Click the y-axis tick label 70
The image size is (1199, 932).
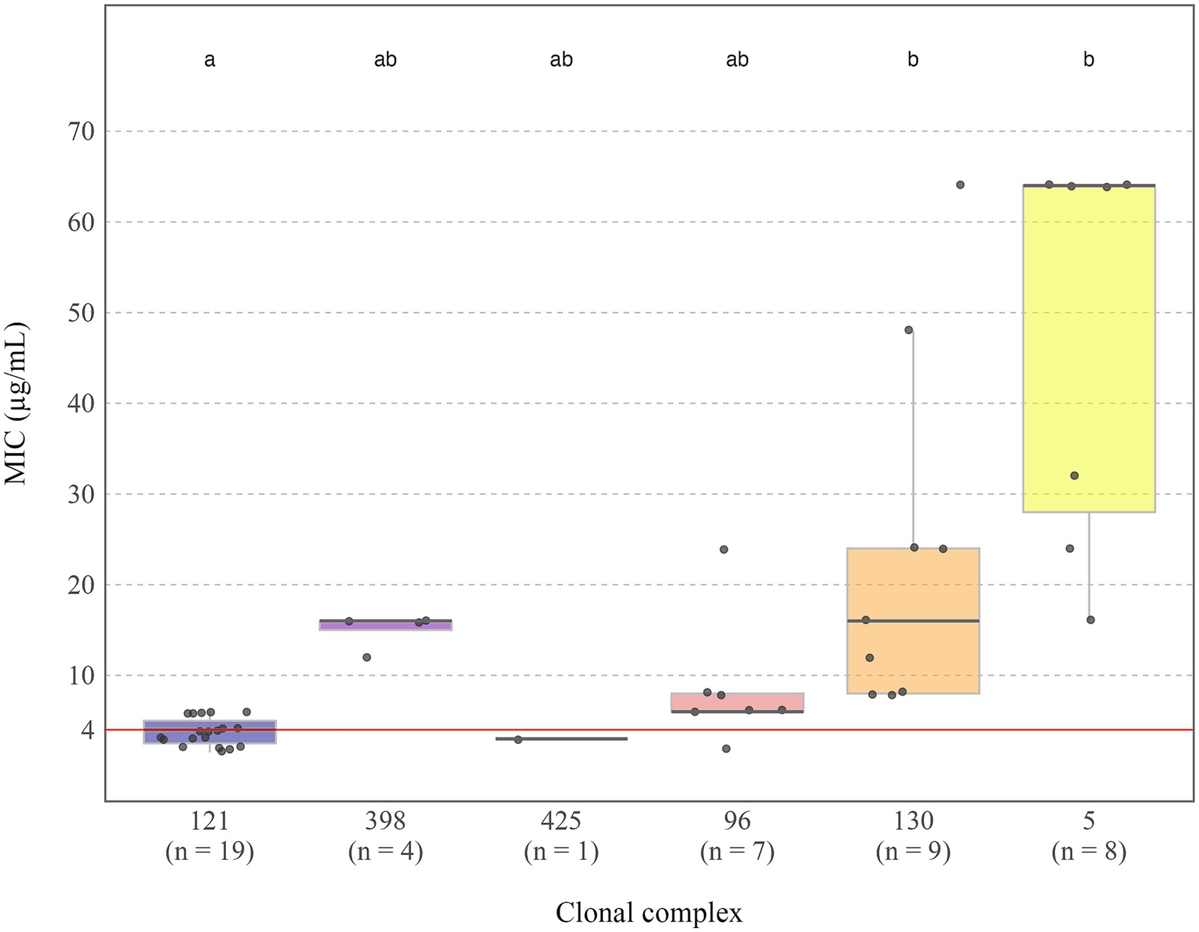click(82, 132)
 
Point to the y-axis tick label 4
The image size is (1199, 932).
click(88, 730)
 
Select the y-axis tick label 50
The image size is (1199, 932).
click(82, 313)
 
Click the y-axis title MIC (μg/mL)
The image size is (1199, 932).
click(16, 403)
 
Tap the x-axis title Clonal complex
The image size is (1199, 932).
click(648, 912)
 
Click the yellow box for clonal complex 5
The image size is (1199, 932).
click(1088, 347)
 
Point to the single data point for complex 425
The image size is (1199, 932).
click(518, 739)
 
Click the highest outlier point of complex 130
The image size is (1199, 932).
click(960, 185)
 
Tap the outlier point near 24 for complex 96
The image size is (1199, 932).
click(724, 550)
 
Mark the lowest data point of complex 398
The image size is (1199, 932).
click(367, 657)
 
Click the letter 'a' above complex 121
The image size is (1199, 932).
click(210, 60)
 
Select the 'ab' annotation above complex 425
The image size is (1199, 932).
click(561, 60)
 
